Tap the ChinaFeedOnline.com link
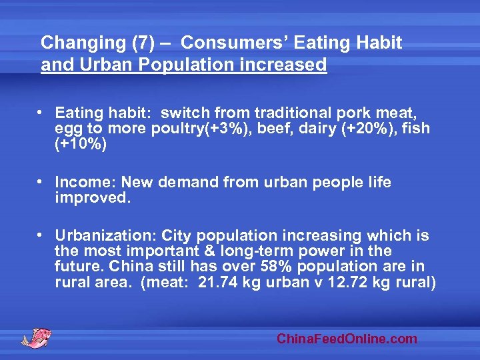point(347,339)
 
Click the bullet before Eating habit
point(41,113)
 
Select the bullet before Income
point(41,182)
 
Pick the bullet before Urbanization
point(41,235)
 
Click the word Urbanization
point(101,235)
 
